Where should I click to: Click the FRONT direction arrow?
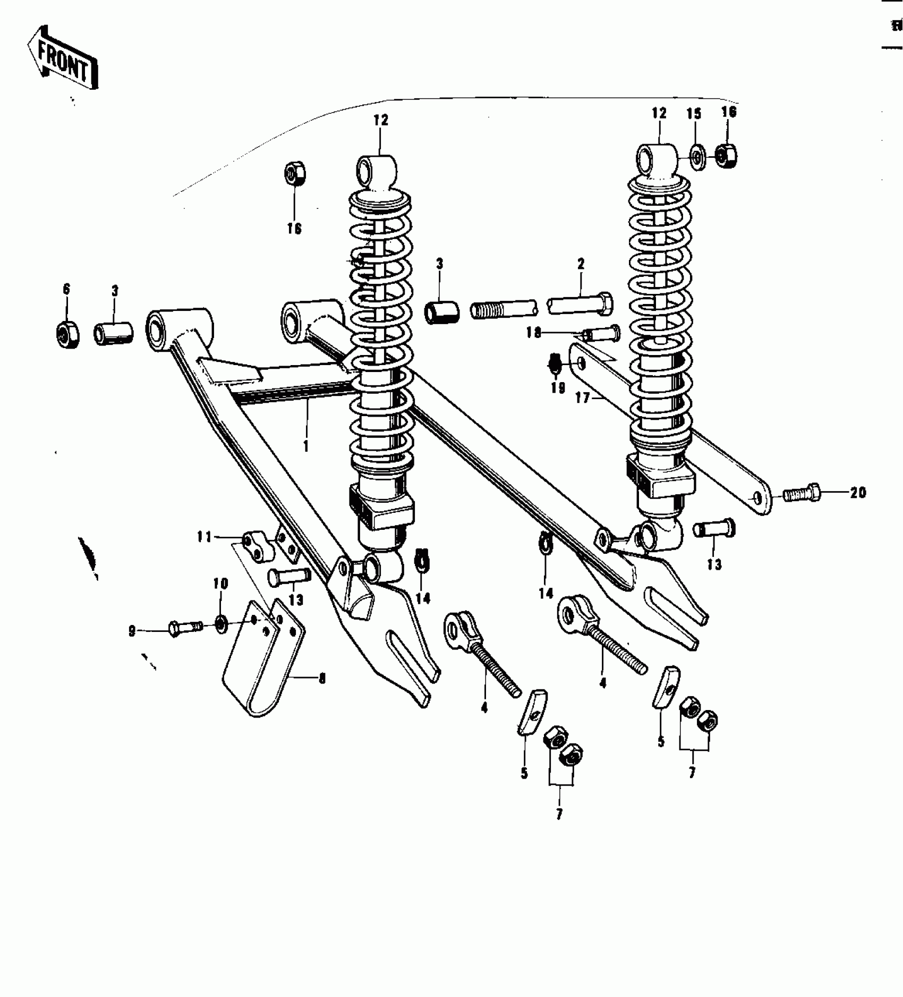(63, 57)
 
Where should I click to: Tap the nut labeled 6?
(68, 334)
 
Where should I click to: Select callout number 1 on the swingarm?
(306, 445)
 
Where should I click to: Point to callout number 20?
(858, 493)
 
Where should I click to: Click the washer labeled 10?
(220, 623)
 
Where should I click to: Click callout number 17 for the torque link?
(583, 398)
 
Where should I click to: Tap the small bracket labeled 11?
(257, 547)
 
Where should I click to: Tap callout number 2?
(581, 264)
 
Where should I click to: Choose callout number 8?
(322, 678)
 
